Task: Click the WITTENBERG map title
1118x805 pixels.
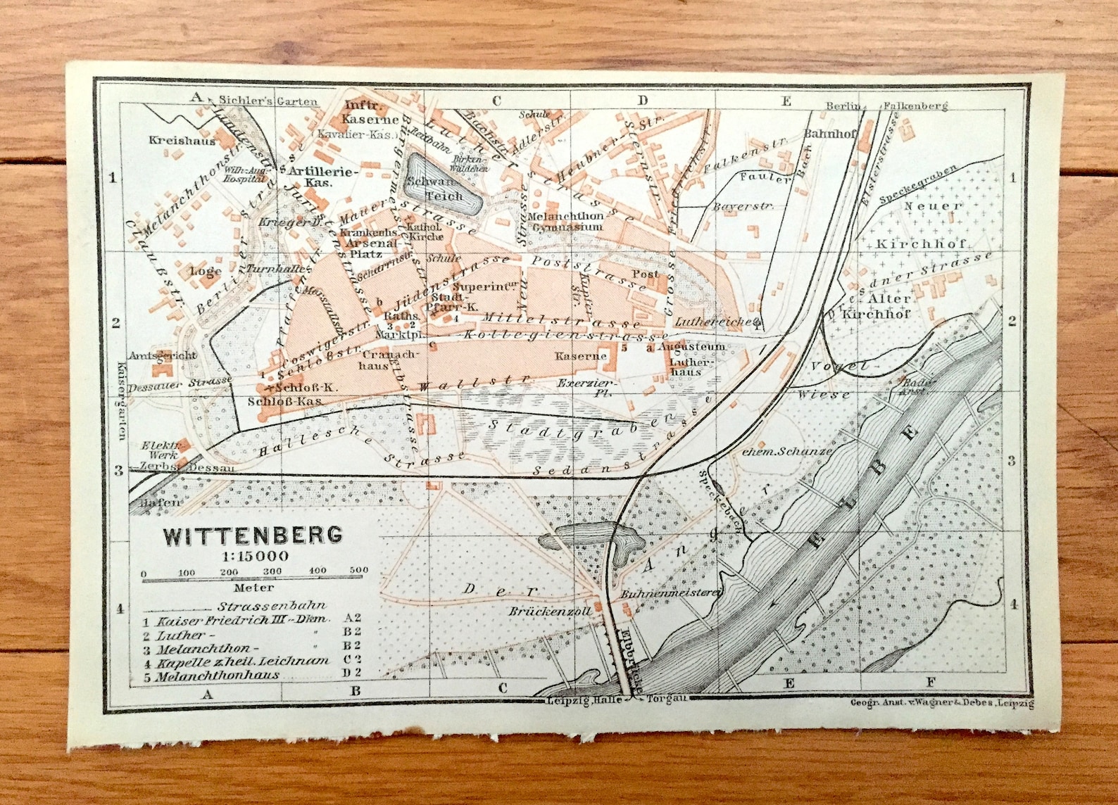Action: click(253, 535)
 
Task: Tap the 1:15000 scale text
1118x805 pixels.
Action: click(253, 555)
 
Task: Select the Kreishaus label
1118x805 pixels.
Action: click(172, 140)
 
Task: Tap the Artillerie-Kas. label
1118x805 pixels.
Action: click(323, 177)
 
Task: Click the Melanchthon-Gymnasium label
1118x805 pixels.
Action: click(566, 222)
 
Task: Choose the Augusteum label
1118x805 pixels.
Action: click(692, 348)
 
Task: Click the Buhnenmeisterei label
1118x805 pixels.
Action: click(671, 594)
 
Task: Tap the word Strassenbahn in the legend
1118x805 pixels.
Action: click(272, 606)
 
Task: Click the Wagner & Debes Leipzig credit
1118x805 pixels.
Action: click(941, 702)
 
